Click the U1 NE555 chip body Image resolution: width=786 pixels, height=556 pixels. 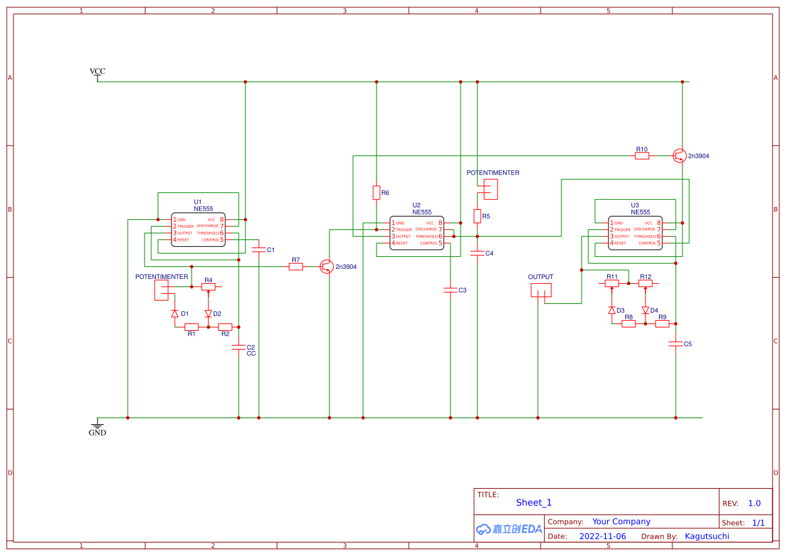(198, 230)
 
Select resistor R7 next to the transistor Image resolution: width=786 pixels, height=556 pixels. (296, 267)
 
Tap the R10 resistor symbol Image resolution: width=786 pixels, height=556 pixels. (642, 156)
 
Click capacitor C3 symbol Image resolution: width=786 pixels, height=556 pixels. (450, 290)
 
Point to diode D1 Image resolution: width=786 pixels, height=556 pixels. (175, 314)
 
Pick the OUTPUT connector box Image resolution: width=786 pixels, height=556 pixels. (541, 290)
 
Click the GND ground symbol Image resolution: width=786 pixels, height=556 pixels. (97, 426)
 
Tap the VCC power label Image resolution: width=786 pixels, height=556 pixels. (97, 71)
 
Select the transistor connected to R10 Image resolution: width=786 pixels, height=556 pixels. (680, 156)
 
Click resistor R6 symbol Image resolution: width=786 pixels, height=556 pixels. (377, 193)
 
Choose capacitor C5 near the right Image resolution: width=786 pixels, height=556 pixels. (676, 344)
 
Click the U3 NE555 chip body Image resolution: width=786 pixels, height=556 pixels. (635, 233)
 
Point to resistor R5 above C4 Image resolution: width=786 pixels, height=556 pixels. (477, 216)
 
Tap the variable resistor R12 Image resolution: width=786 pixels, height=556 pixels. (645, 284)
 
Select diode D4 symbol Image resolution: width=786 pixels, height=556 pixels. (645, 311)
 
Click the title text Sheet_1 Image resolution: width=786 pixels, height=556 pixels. (534, 503)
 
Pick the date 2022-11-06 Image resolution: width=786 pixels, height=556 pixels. (602, 537)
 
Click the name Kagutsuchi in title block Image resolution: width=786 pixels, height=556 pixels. (707, 537)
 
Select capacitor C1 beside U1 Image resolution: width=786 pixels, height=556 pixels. (259, 249)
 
